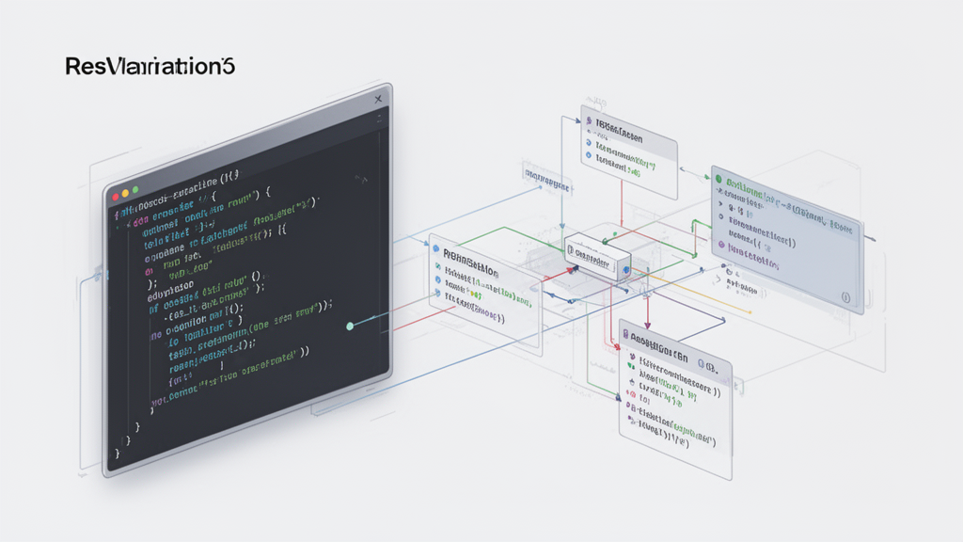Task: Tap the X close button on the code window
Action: pos(378,98)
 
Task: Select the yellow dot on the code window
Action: pos(127,192)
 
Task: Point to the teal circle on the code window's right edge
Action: pos(350,327)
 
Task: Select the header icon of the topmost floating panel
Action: pos(589,122)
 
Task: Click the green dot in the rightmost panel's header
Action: pos(718,178)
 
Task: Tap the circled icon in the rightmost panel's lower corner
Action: pos(845,298)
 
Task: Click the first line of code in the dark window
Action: pos(184,179)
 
